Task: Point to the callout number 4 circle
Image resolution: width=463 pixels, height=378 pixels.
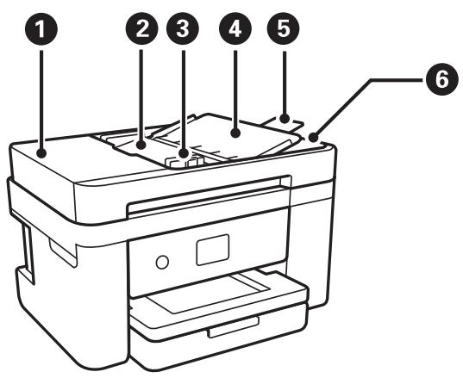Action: coord(233,30)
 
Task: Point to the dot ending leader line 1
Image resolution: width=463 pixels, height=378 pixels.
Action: coord(41,153)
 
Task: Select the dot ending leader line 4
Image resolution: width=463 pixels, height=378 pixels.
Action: coord(233,132)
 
